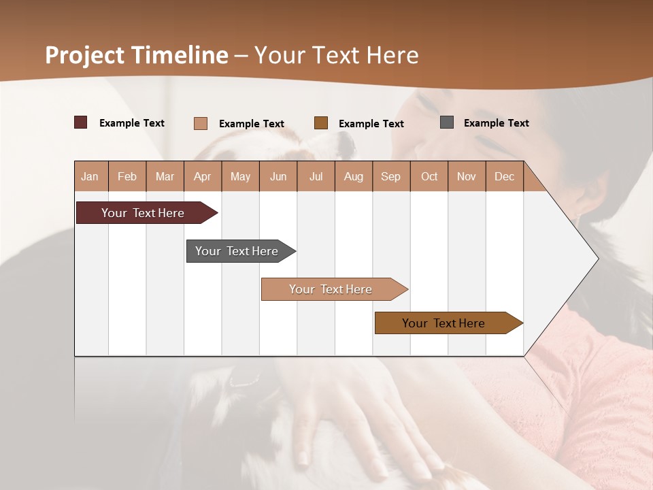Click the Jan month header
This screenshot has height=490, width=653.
pos(90,176)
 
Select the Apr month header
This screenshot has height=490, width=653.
pos(202,176)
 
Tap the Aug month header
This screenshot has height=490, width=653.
pos(353,176)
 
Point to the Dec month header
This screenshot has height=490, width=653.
pos(504,176)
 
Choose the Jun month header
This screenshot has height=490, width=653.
pos(278,176)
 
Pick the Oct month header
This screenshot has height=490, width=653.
pos(429,176)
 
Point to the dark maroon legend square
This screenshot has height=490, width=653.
pos(80,122)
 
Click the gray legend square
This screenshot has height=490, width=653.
pos(446,122)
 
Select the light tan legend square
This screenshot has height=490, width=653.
pos(200,123)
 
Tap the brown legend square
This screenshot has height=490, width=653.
pos(321,123)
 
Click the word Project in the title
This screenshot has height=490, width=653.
pos(84,55)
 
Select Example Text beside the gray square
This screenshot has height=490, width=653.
pos(496,123)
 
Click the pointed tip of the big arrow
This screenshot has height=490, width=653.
pos(596,259)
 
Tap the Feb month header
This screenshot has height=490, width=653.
pos(127,176)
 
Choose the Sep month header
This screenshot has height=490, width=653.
pos(390,176)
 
